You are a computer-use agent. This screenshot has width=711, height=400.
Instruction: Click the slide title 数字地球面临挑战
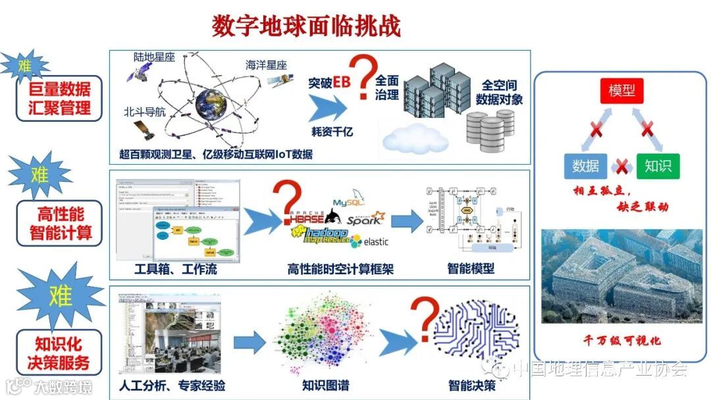[306, 26]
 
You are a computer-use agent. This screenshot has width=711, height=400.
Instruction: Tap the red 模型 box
[622, 91]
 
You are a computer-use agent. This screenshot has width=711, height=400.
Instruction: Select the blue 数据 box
[585, 166]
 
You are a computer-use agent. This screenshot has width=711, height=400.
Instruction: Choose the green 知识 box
[658, 166]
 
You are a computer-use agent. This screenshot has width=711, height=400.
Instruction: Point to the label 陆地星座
[155, 57]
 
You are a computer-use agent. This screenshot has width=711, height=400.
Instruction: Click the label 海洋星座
[267, 65]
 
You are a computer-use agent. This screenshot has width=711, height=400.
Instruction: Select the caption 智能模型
[471, 268]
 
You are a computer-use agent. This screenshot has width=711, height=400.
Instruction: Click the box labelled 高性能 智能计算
[60, 223]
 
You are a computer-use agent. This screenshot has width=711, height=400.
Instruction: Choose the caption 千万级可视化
[622, 341]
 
